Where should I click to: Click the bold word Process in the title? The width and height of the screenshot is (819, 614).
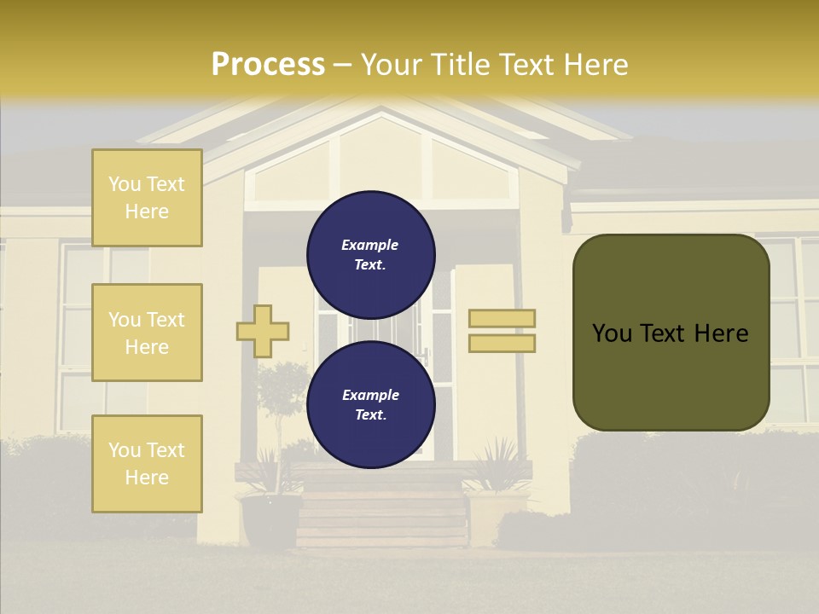click(x=268, y=65)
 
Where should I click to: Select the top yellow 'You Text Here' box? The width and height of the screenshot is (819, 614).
click(x=147, y=198)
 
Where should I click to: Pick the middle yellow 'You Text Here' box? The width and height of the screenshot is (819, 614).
click(x=147, y=333)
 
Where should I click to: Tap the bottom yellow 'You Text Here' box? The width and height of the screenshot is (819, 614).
click(x=147, y=463)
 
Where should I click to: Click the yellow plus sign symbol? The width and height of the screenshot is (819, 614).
click(x=263, y=331)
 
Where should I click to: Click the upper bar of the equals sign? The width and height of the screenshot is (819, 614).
click(x=502, y=318)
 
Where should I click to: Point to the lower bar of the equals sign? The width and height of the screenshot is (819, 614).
click(x=502, y=343)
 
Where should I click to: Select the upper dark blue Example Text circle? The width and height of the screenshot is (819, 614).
click(x=371, y=255)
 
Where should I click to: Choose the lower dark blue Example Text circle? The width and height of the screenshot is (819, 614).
click(x=371, y=405)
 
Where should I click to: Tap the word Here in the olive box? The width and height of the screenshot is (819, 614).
click(x=721, y=333)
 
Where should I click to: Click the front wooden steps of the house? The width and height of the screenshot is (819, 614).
click(x=381, y=512)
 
